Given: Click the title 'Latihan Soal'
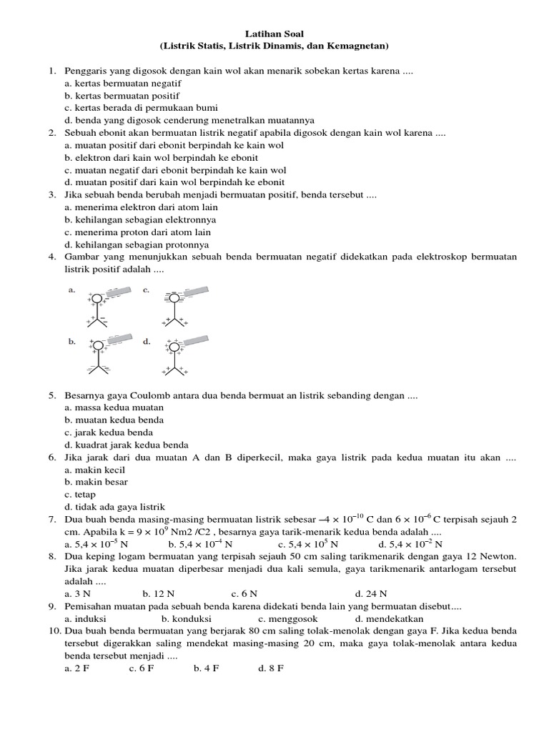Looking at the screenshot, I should (x=274, y=34).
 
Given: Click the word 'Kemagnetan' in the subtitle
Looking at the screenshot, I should (x=360, y=46).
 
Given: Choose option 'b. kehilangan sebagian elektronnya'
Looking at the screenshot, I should (x=140, y=219).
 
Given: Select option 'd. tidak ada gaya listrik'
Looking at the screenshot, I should (x=114, y=506).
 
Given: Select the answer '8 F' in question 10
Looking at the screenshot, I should (x=275, y=668).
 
